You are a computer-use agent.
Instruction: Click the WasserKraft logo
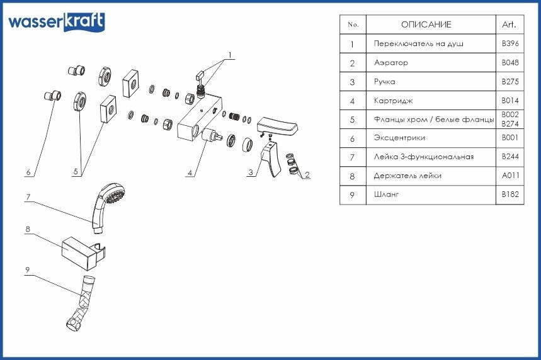[56, 22]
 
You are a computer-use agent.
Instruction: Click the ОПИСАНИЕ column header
[426, 25]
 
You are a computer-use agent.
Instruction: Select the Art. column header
[509, 25]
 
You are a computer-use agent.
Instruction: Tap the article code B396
[509, 44]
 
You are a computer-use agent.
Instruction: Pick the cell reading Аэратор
[391, 63]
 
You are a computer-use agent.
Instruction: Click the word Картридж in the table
[393, 101]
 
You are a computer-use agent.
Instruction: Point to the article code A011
[509, 176]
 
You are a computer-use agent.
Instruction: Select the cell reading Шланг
[387, 195]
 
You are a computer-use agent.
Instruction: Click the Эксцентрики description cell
[399, 138]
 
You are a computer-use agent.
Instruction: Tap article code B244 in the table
[509, 157]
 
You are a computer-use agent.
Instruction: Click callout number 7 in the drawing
[28, 197]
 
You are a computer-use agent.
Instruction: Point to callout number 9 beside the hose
[28, 270]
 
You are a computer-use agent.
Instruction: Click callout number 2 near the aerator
[307, 175]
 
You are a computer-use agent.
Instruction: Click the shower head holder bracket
[82, 250]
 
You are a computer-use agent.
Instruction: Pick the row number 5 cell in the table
[353, 119]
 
